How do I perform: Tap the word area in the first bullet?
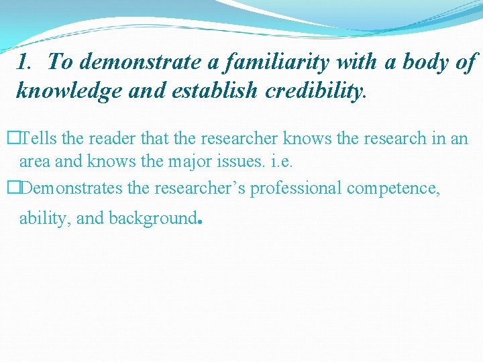pyautogui.click(x=34, y=162)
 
